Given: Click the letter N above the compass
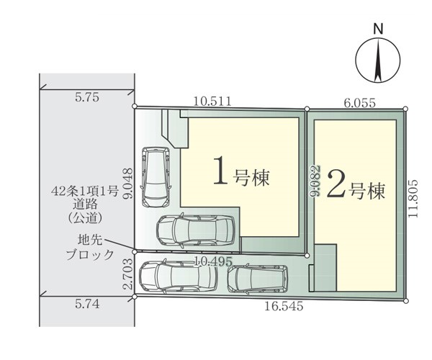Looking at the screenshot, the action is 378,29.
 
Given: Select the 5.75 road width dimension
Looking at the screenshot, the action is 87,97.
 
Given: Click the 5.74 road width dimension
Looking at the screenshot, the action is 87,304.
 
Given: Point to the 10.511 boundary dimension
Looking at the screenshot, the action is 212,102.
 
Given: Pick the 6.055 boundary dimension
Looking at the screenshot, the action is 360,103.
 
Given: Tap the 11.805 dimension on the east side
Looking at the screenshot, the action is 413,199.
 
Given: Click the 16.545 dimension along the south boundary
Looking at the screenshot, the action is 284,306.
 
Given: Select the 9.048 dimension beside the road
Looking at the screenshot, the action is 128,183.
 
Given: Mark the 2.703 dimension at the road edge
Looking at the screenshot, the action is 128,274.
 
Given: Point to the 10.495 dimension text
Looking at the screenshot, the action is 214,261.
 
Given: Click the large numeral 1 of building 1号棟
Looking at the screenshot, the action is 221,170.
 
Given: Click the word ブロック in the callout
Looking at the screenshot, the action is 90,255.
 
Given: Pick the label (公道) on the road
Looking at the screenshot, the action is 85,218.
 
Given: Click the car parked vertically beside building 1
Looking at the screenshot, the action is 156,177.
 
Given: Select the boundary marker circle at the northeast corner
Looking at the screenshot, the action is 405,109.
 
